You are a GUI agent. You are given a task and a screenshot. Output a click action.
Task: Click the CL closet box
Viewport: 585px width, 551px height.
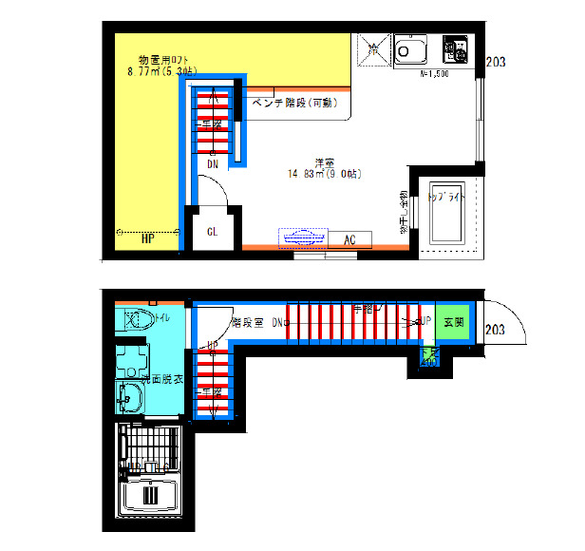point(213,231)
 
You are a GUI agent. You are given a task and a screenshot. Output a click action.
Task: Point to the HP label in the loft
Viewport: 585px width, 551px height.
point(148,237)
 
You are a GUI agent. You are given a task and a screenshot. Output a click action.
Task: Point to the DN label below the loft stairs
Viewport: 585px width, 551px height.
point(213,164)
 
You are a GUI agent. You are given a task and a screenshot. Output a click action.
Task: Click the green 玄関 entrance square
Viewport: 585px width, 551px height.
point(453,322)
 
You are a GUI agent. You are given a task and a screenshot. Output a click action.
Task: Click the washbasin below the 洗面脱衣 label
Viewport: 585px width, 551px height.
point(127,398)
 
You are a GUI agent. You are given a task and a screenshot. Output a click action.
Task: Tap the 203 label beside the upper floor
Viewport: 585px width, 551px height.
point(495,63)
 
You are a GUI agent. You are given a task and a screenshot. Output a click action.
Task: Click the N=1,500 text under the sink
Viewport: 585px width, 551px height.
point(433,72)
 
